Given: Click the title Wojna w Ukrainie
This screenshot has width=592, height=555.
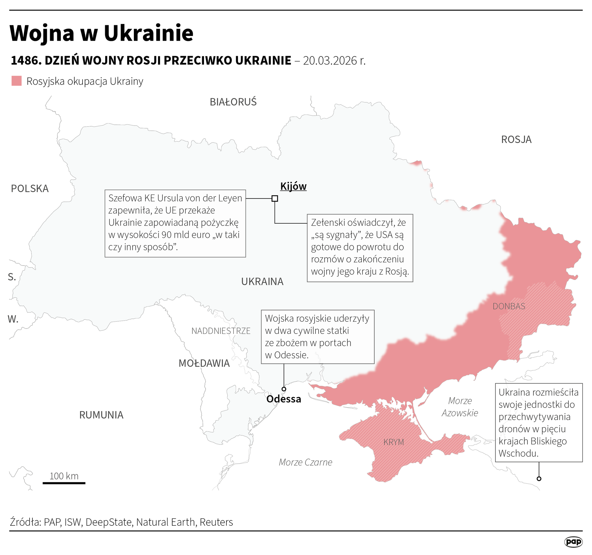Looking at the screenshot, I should click(x=101, y=33).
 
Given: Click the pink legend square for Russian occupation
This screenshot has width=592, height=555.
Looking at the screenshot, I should click(x=16, y=81).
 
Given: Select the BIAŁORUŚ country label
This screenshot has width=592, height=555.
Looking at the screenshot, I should click(x=233, y=102).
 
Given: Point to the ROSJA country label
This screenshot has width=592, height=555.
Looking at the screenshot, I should click(x=516, y=140).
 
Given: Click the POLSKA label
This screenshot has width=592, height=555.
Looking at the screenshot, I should click(x=30, y=188).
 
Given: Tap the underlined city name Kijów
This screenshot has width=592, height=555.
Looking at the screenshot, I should click(x=293, y=186).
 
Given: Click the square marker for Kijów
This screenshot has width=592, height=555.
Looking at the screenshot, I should click(x=275, y=198).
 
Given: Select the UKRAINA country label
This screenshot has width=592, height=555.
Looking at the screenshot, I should click(x=262, y=281).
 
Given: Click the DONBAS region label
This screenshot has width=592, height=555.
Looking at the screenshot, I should click(x=509, y=306).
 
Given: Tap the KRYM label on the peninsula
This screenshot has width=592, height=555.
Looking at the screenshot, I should click(x=394, y=442).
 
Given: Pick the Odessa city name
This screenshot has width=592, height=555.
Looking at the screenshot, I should click(x=283, y=399).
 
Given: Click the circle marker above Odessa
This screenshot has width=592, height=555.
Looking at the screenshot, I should click(x=284, y=389).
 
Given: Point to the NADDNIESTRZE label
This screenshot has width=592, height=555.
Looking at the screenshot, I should click(x=221, y=331).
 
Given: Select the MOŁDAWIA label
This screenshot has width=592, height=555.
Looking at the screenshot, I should click(x=204, y=363).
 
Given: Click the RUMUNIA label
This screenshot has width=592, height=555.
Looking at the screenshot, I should click(x=101, y=415).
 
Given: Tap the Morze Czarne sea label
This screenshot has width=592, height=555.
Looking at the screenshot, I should click(x=305, y=462).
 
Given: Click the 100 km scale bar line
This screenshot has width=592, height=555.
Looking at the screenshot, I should click(x=64, y=483).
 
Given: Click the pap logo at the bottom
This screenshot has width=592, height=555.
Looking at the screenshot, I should click(x=573, y=542).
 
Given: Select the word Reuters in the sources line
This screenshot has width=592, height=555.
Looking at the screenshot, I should click(x=216, y=522).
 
